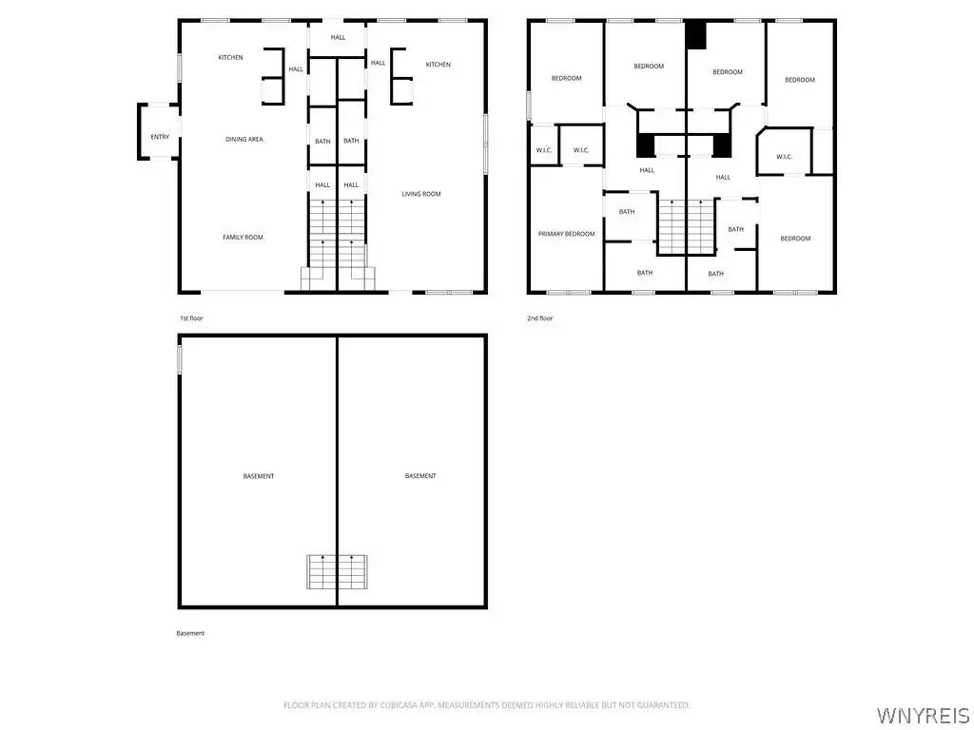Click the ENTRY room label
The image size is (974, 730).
[160, 137]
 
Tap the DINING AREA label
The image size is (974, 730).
[244, 139]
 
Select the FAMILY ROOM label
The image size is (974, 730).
[243, 237]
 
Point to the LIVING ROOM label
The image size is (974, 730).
[421, 194]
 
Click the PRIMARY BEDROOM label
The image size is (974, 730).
[567, 234]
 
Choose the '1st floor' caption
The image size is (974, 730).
[191, 318]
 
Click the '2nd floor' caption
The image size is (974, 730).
[540, 318]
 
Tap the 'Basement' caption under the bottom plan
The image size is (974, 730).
[190, 633]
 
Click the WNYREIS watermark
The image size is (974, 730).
[923, 715]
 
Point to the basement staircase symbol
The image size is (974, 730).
[337, 571]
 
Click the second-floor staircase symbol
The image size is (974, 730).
[686, 227]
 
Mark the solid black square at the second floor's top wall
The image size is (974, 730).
[695, 35]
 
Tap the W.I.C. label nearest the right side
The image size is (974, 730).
[785, 157]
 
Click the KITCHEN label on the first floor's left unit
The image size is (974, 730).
[230, 58]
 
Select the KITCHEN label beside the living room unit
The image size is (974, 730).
[438, 65]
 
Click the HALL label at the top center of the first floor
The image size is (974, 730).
[338, 37]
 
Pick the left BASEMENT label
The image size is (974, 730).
[259, 476]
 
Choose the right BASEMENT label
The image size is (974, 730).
[420, 476]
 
